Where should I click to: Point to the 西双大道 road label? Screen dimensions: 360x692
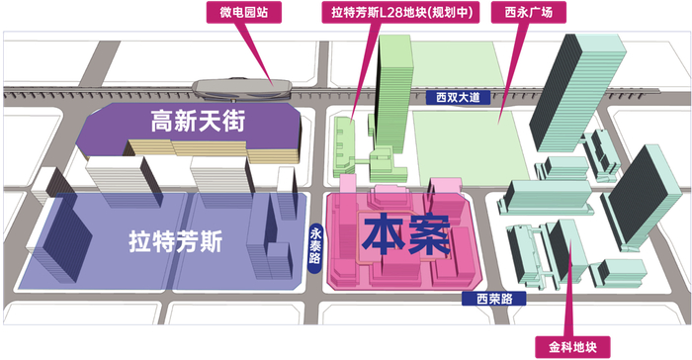[459, 98]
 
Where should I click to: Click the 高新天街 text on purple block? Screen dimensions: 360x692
[198, 123]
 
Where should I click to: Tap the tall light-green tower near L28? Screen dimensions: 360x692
[393, 94]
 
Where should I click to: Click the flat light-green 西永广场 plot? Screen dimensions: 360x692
[465, 143]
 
